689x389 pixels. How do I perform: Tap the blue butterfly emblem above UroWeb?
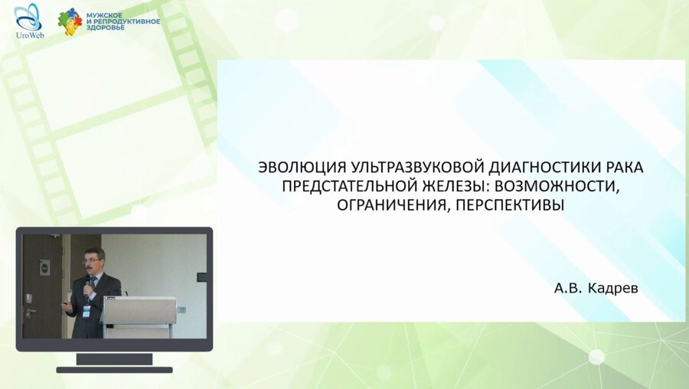click(x=28, y=17)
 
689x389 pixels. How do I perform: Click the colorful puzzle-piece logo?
click(x=70, y=21)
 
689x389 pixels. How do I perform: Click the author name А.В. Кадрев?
click(x=596, y=289)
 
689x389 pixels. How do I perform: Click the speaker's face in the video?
click(x=92, y=260)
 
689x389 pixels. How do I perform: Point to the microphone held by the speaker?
click(x=88, y=284)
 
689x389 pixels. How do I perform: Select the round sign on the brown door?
click(x=45, y=266)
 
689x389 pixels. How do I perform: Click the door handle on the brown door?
click(x=31, y=312)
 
